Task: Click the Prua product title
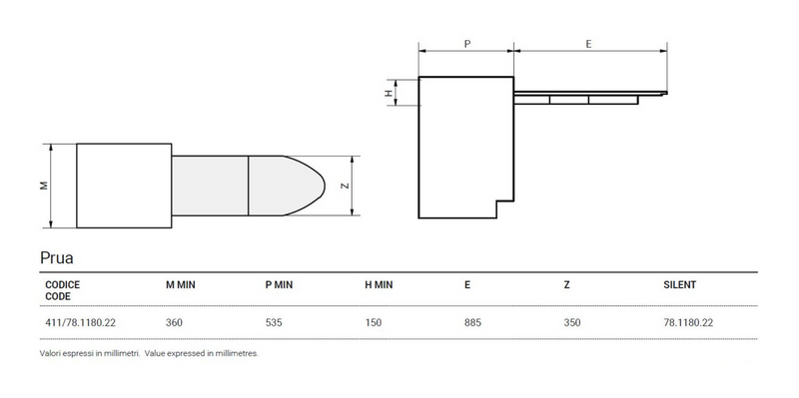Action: pyautogui.click(x=56, y=257)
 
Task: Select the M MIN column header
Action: pyautogui.click(x=180, y=284)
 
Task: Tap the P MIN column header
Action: pyautogui.click(x=279, y=284)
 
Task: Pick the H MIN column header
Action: pyautogui.click(x=379, y=284)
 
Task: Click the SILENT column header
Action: pyautogui.click(x=679, y=284)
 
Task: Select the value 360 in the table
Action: pyautogui.click(x=174, y=322)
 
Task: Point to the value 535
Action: pyautogui.click(x=274, y=322)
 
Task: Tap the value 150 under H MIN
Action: pyautogui.click(x=374, y=322)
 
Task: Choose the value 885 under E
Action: pyautogui.click(x=473, y=322)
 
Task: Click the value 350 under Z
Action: pyautogui.click(x=573, y=322)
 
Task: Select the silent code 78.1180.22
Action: pyautogui.click(x=688, y=322)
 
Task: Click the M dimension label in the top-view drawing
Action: pyautogui.click(x=41, y=186)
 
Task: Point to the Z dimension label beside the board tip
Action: pyautogui.click(x=345, y=186)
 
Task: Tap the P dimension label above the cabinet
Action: pyautogui.click(x=467, y=44)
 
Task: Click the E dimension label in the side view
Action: pyautogui.click(x=589, y=44)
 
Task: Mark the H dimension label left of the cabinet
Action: pyautogui.click(x=389, y=93)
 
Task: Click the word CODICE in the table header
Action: pyautogui.click(x=62, y=284)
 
